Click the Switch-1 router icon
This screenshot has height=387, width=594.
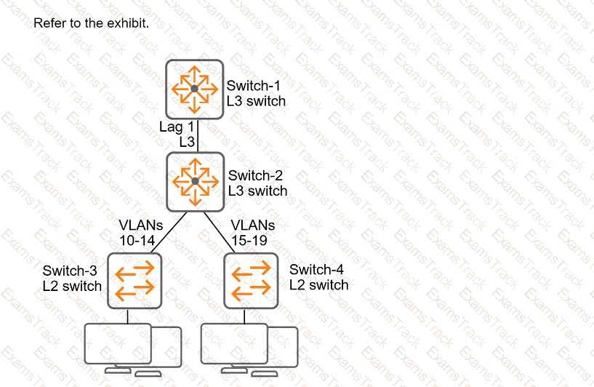(x=194, y=89)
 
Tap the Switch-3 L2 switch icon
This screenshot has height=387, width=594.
(x=135, y=280)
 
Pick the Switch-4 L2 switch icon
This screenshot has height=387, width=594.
(x=251, y=280)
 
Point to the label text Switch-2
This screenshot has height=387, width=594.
(x=255, y=175)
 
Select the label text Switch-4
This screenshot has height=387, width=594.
(x=318, y=269)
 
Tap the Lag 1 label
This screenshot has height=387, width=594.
(x=177, y=127)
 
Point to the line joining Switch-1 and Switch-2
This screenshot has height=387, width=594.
(x=197, y=135)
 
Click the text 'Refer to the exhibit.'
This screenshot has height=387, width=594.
(x=91, y=23)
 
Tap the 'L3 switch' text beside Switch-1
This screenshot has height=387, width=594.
(x=256, y=102)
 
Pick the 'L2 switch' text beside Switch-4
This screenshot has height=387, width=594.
(x=318, y=285)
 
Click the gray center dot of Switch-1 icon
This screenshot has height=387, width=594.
(x=194, y=89)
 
